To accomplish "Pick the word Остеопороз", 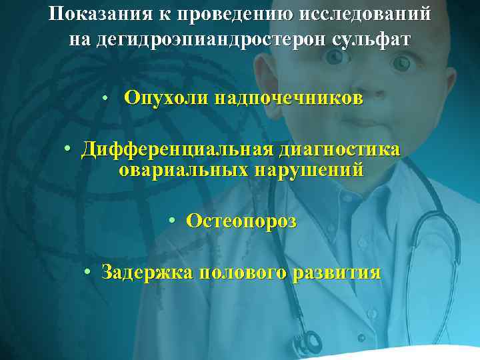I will click(241, 221).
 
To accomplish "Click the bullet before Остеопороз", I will click(172, 221).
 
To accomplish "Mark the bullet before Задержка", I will click(88, 273).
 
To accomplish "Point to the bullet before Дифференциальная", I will click(69, 150).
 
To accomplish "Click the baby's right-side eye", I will click(402, 63).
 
